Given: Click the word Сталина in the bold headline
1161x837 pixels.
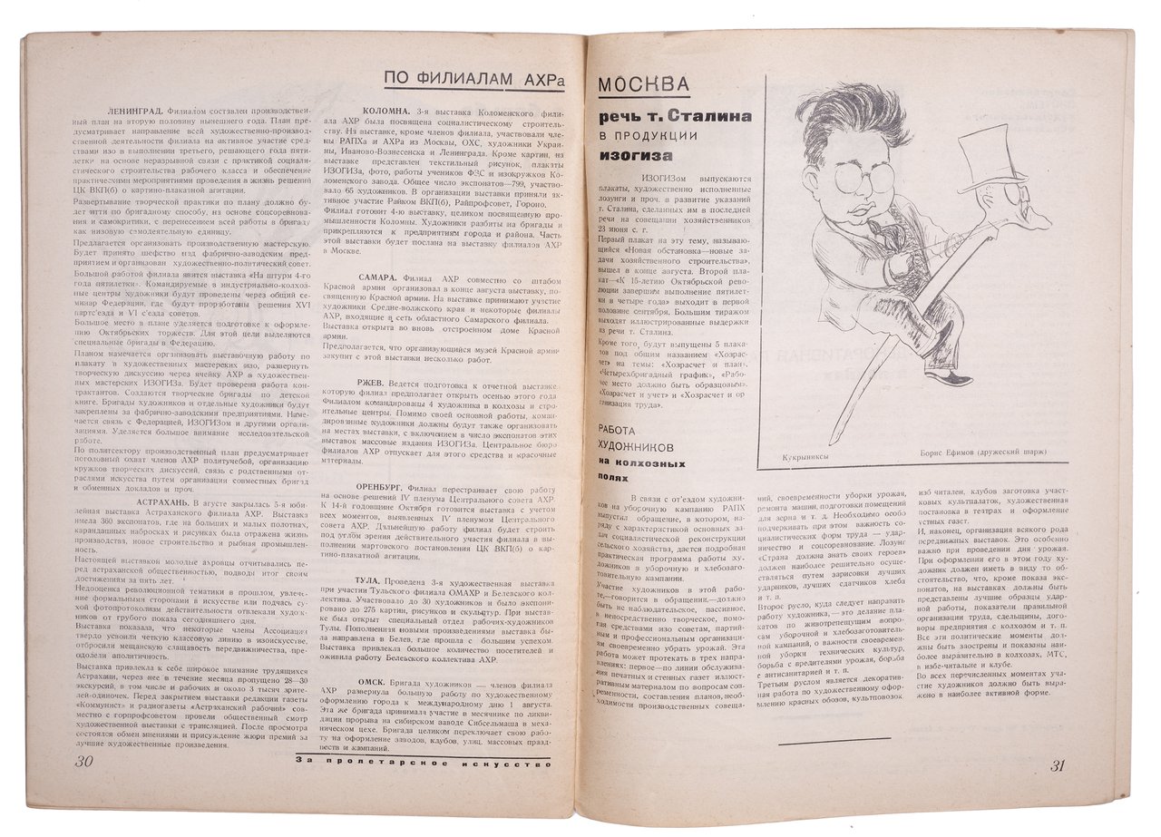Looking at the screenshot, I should coord(701,118).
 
